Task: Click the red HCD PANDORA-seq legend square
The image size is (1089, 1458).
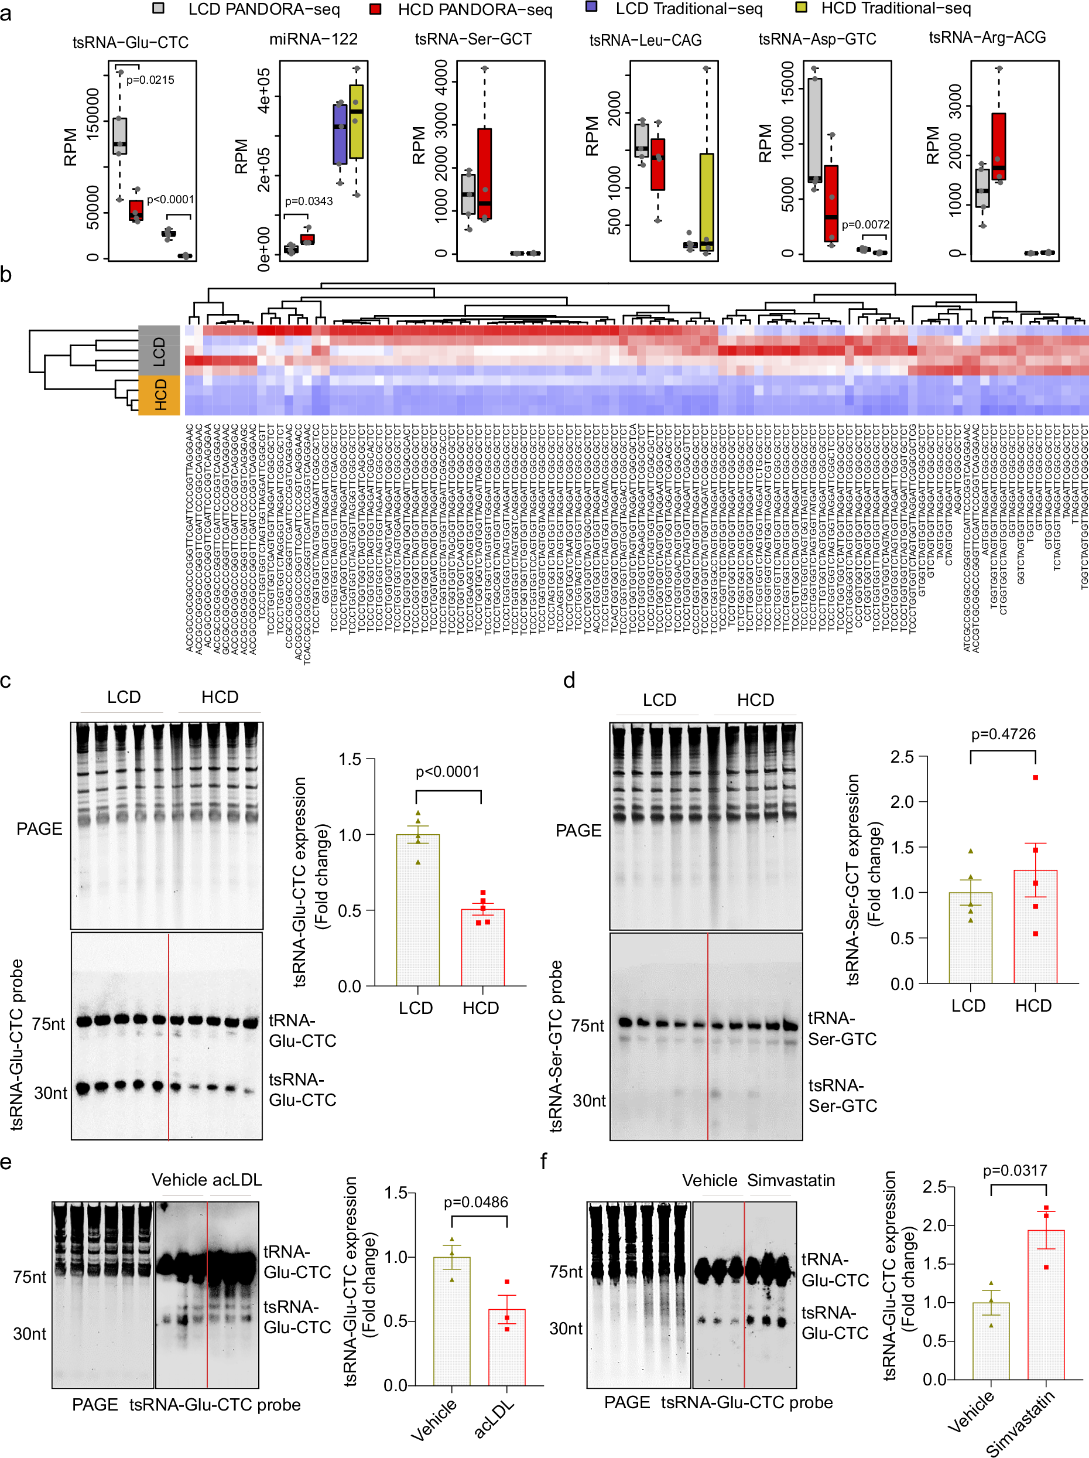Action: [375, 9]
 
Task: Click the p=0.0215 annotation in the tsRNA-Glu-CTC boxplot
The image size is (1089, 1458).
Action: [150, 80]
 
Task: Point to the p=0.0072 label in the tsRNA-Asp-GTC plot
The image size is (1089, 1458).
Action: [865, 225]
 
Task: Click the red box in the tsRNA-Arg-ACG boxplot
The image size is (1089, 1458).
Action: [998, 146]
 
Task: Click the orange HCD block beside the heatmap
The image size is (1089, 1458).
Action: [159, 395]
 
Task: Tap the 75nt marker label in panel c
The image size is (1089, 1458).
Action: [49, 1023]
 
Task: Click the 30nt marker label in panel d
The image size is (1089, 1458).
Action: [589, 1100]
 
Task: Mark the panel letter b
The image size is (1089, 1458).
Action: [6, 275]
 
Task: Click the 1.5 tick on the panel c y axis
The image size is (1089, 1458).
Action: [350, 759]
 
